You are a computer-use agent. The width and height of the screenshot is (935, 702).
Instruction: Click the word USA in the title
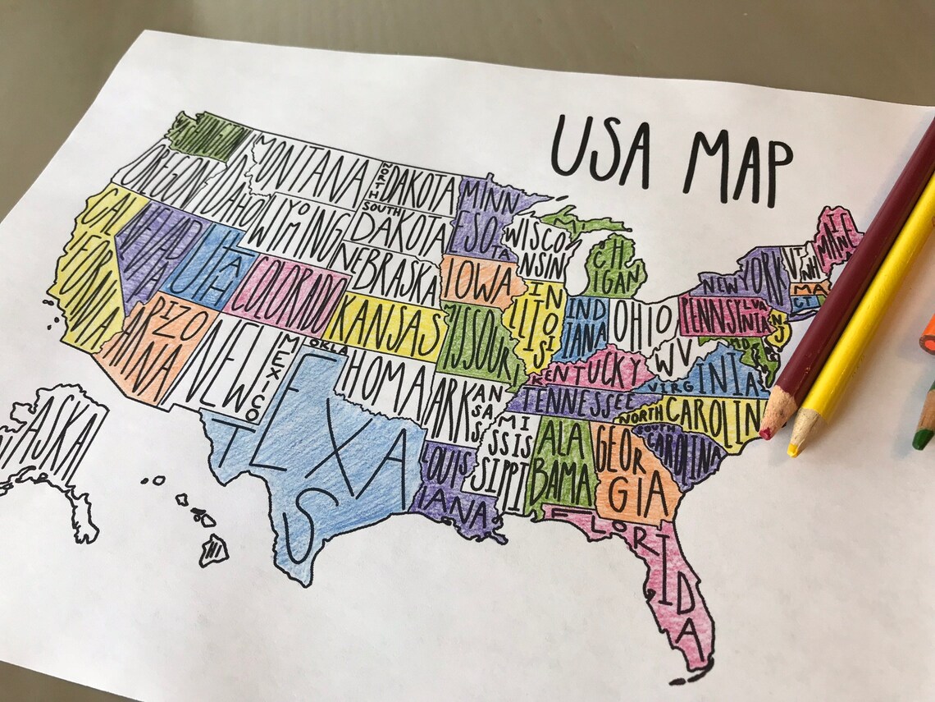click(600, 149)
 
